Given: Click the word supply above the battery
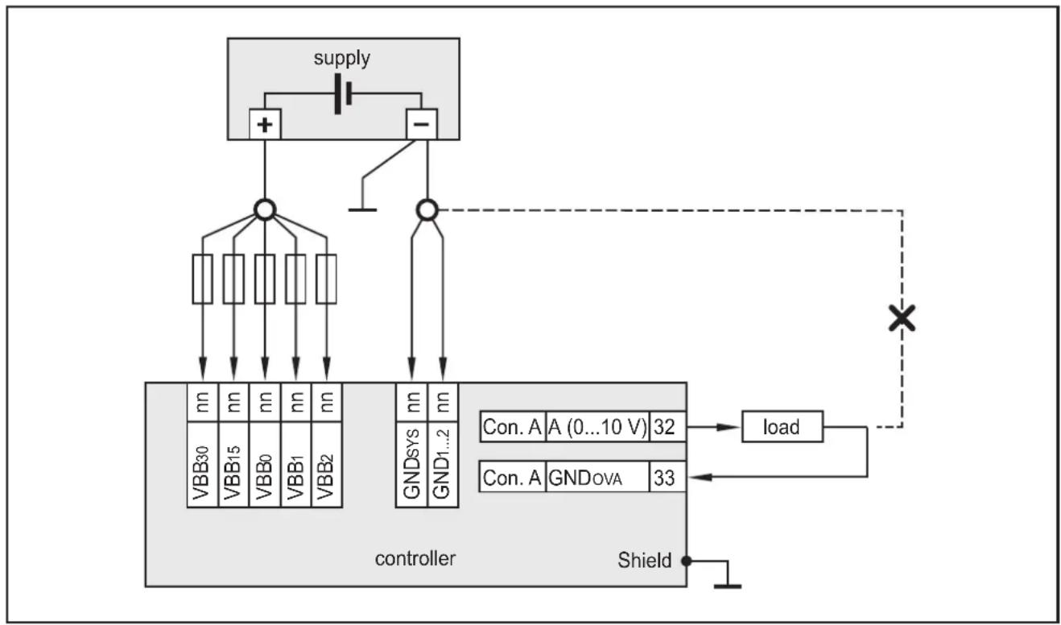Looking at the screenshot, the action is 341,59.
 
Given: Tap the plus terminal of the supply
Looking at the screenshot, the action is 265,124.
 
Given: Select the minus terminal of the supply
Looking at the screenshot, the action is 422,124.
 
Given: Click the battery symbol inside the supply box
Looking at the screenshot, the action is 343,93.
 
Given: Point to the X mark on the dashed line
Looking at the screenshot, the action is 902,318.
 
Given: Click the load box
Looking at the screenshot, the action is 782,426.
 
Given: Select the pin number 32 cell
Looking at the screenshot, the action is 667,426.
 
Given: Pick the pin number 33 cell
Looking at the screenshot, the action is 667,477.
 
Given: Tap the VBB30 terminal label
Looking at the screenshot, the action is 202,466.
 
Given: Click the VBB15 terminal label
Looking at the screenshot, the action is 233,466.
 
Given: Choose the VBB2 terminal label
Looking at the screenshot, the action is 326,466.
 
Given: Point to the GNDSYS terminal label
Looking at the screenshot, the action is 411,466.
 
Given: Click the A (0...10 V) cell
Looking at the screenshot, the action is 597,426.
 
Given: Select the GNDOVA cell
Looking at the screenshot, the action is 597,477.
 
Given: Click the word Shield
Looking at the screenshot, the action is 644,561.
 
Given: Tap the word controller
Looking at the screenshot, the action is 415,559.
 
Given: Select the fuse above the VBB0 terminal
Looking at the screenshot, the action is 265,279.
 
